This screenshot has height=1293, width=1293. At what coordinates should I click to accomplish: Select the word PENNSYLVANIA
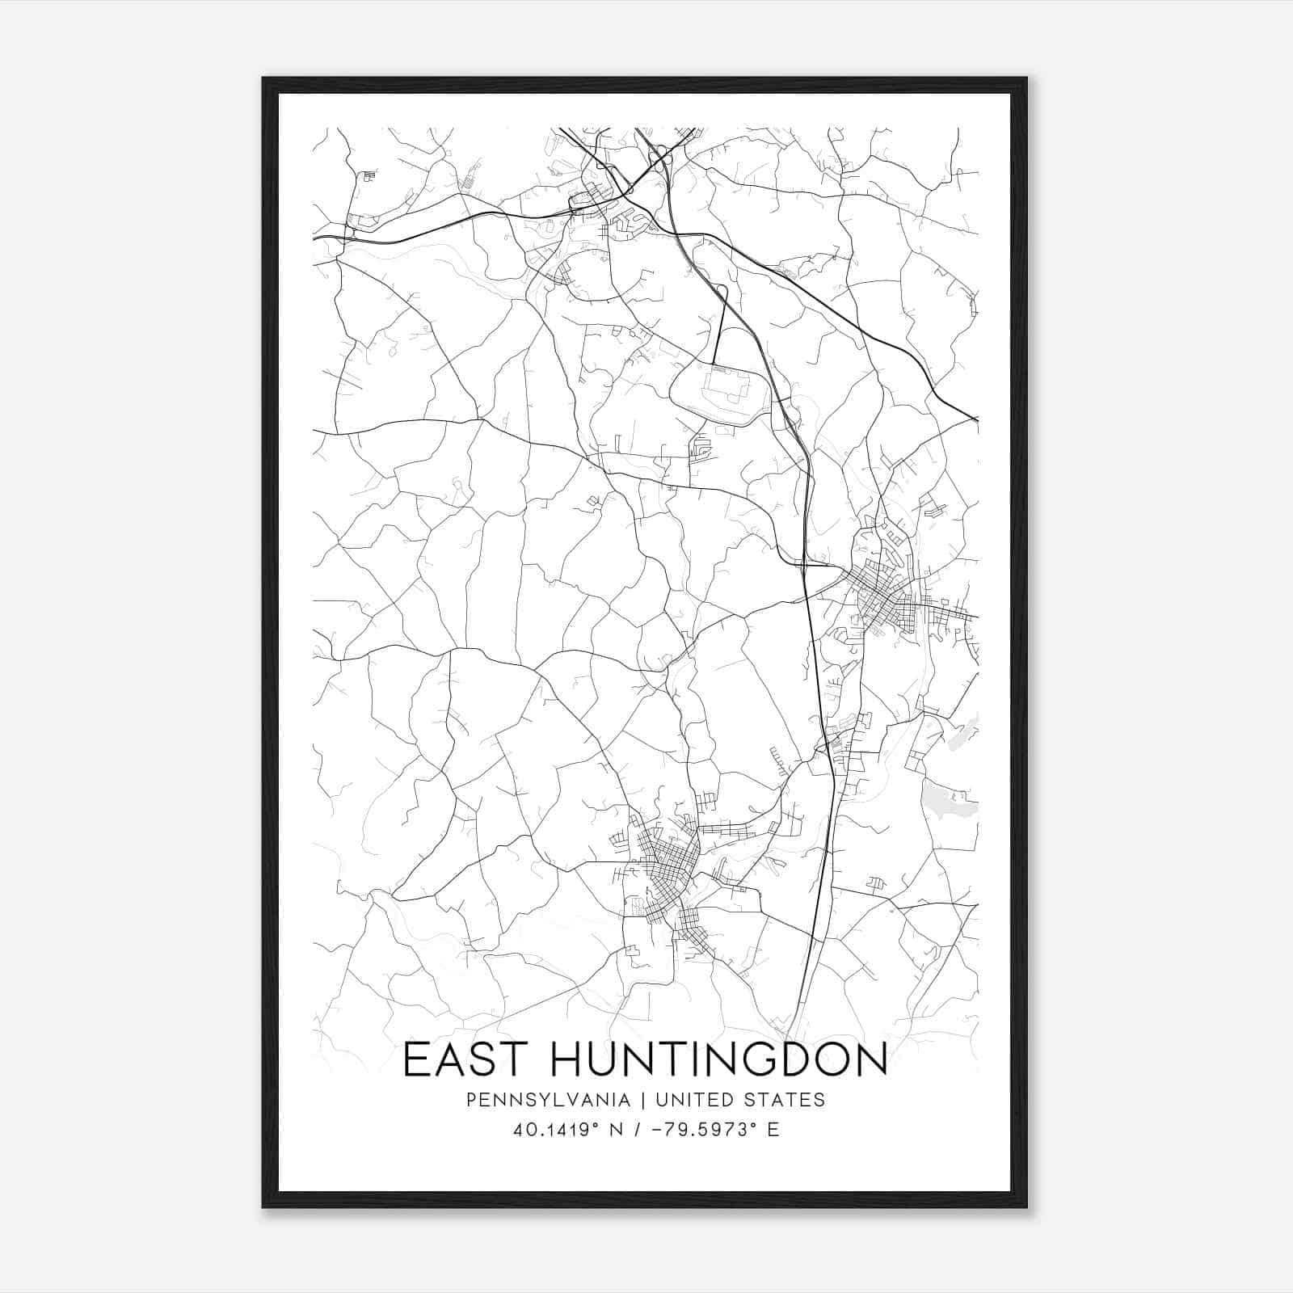pos(547,1100)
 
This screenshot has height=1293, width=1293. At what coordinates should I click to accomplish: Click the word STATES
pos(786,1100)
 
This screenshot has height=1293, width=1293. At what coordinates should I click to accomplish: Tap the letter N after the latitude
pos(616,1130)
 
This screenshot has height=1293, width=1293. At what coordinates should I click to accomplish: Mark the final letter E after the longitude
pos(773,1130)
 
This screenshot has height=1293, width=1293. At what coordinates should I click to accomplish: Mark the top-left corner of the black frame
pos(263,79)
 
